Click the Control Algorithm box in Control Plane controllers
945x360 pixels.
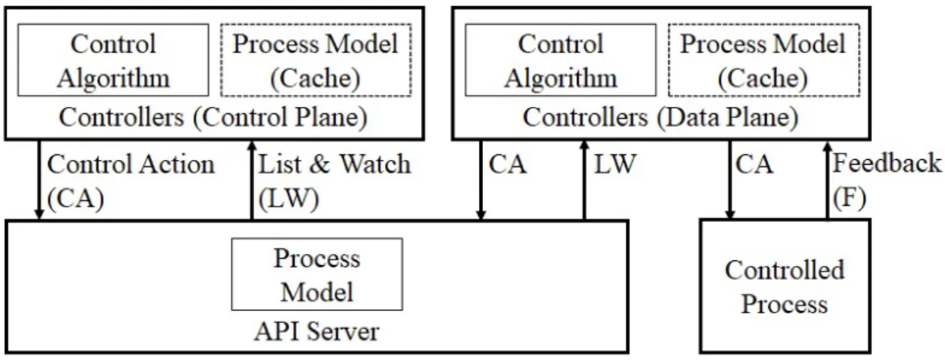point(113,60)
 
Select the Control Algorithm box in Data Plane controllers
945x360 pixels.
point(561,60)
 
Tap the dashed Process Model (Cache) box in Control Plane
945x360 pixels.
point(316,60)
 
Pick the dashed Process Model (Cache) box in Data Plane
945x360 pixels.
point(763,60)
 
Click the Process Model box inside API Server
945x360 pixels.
point(317,274)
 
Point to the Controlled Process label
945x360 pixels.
point(784,286)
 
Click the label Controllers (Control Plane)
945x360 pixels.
point(213,117)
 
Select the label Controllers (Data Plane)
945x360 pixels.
point(661,117)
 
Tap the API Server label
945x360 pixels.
point(317,332)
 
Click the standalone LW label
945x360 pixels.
point(615,165)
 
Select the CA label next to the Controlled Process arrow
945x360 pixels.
point(754,165)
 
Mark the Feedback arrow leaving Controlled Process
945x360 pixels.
point(828,180)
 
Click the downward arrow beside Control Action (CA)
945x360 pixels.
point(39,180)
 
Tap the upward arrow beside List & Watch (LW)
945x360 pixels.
point(252,180)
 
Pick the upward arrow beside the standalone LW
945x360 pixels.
point(583,180)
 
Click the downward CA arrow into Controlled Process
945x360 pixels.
point(730,180)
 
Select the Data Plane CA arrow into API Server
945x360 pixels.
point(481,180)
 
